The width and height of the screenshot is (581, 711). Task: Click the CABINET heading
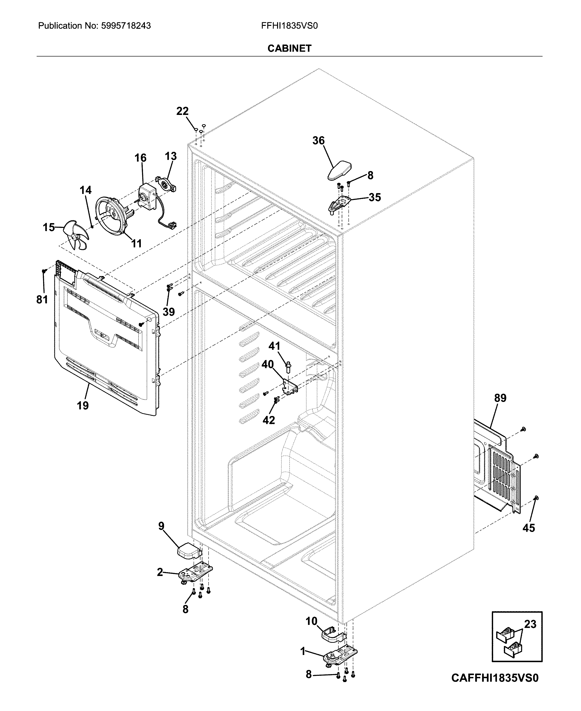click(290, 49)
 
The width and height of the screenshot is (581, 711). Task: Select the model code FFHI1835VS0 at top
click(290, 26)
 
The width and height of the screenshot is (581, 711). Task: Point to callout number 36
click(318, 141)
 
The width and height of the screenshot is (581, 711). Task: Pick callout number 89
click(500, 398)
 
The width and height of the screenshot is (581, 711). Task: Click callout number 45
click(529, 528)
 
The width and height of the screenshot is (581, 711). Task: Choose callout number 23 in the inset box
click(530, 624)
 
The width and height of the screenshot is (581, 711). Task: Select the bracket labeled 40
click(290, 386)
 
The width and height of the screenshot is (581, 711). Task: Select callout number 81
click(42, 299)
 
